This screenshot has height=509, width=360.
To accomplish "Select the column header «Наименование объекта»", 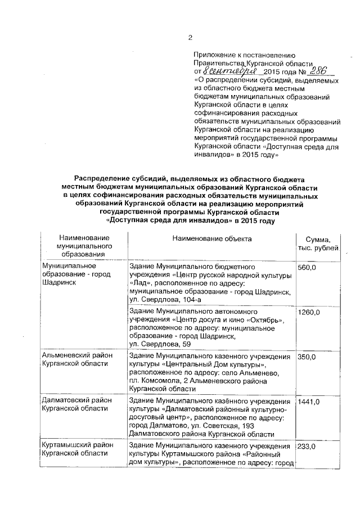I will pyautogui.click(x=212, y=239).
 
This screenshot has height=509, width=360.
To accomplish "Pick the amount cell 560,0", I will pyautogui.click(x=307, y=268).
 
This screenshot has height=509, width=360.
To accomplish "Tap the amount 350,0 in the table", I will pyautogui.click(x=307, y=357).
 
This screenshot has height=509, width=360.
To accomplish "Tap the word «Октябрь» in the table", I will pyautogui.click(x=268, y=319).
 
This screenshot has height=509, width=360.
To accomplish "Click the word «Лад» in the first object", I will pyautogui.click(x=139, y=283).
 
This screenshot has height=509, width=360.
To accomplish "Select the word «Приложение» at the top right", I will pyautogui.click(x=214, y=55).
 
